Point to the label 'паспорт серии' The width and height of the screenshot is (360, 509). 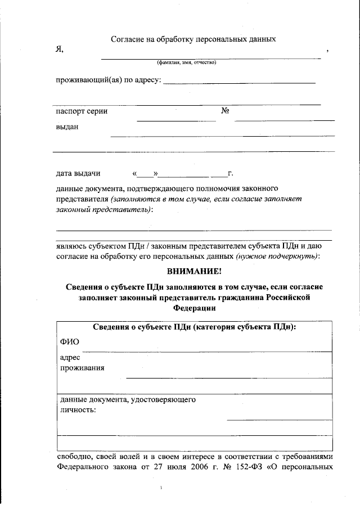pyautogui.click(x=82, y=111)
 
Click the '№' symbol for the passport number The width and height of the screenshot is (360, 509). pyautogui.click(x=224, y=111)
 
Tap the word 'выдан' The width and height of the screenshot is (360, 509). pyautogui.click(x=67, y=127)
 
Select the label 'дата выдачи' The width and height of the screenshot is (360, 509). pyautogui.click(x=78, y=173)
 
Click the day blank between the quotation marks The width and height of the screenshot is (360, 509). pyautogui.click(x=145, y=174)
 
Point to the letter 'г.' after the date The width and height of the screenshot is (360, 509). pyautogui.click(x=230, y=173)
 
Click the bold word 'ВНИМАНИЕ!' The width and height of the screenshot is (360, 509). pyautogui.click(x=194, y=272)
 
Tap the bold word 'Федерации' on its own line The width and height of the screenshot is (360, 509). pyautogui.click(x=194, y=308)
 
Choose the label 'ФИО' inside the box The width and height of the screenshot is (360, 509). pyautogui.click(x=70, y=342)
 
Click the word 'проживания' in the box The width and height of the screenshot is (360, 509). pyautogui.click(x=82, y=368)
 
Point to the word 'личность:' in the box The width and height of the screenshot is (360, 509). pyautogui.click(x=78, y=410)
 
